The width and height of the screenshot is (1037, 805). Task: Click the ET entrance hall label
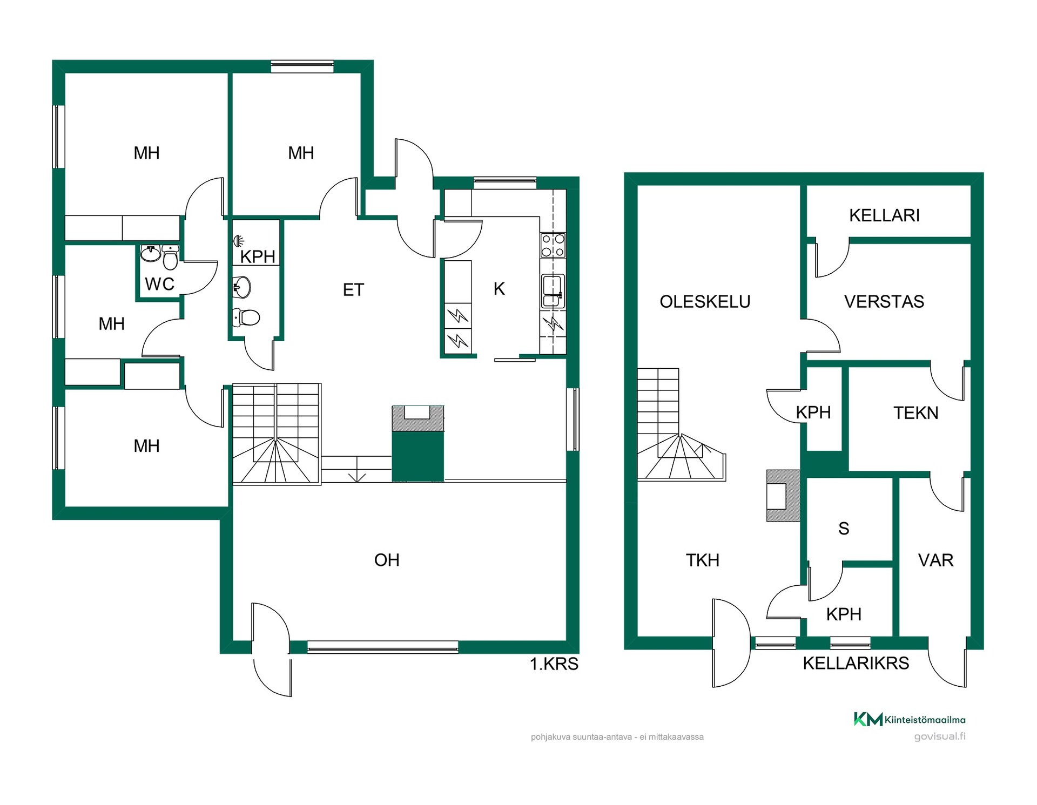353,290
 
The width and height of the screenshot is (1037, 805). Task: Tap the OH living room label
387,560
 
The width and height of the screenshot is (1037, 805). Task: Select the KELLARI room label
884,215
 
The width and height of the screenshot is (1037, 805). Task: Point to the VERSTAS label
884,301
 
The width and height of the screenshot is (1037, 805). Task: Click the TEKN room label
915,413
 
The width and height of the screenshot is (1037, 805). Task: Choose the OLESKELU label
705,301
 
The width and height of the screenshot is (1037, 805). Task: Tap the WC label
159,284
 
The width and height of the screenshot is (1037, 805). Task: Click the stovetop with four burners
553,245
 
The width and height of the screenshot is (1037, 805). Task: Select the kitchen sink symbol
553,292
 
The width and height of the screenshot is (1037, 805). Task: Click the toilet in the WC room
170,257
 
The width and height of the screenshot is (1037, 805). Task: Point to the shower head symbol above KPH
238,241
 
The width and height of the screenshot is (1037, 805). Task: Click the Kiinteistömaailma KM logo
867,719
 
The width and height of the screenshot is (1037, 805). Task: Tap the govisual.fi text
940,736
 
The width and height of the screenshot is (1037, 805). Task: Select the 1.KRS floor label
554,664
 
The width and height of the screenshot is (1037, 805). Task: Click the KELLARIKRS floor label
856,663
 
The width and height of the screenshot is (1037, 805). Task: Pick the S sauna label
844,529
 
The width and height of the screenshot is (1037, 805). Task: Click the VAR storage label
936,560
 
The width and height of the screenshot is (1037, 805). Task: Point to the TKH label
703,560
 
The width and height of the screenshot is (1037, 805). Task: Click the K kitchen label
499,289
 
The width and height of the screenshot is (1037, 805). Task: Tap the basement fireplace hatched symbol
783,496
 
